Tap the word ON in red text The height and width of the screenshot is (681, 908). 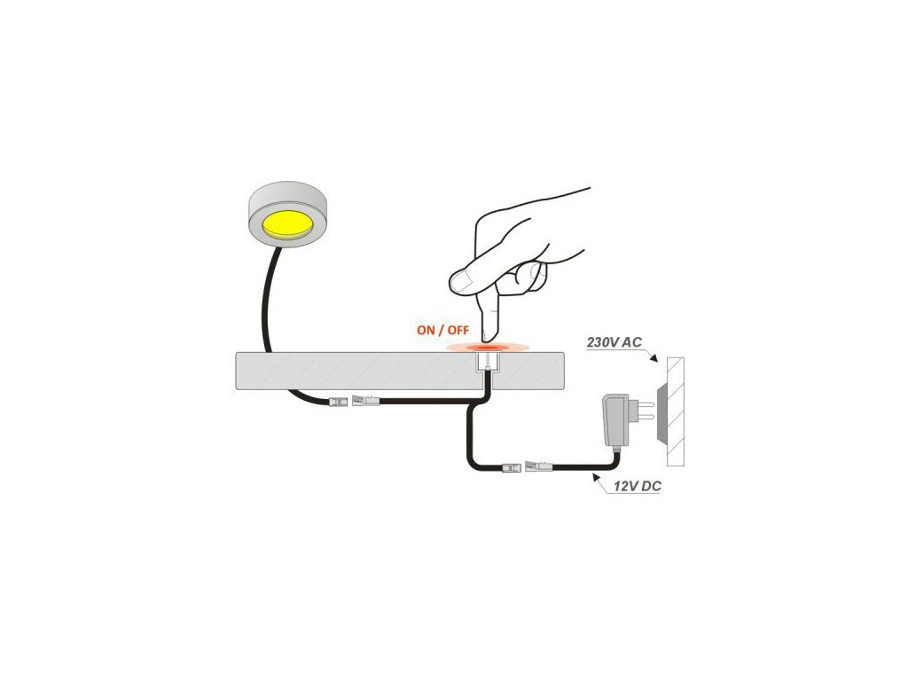426,330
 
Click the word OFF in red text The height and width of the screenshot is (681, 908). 458,330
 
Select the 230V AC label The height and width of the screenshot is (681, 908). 614,342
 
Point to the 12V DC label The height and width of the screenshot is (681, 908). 637,486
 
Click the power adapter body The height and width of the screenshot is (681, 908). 616,419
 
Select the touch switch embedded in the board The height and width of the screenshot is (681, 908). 487,362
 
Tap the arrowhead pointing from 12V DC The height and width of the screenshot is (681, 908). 595,477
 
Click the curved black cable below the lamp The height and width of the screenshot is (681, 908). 266,301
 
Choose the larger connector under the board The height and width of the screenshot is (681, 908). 366,400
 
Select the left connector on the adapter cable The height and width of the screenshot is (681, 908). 512,466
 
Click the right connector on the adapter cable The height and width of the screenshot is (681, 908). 539,466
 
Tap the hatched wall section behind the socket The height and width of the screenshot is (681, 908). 676,411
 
